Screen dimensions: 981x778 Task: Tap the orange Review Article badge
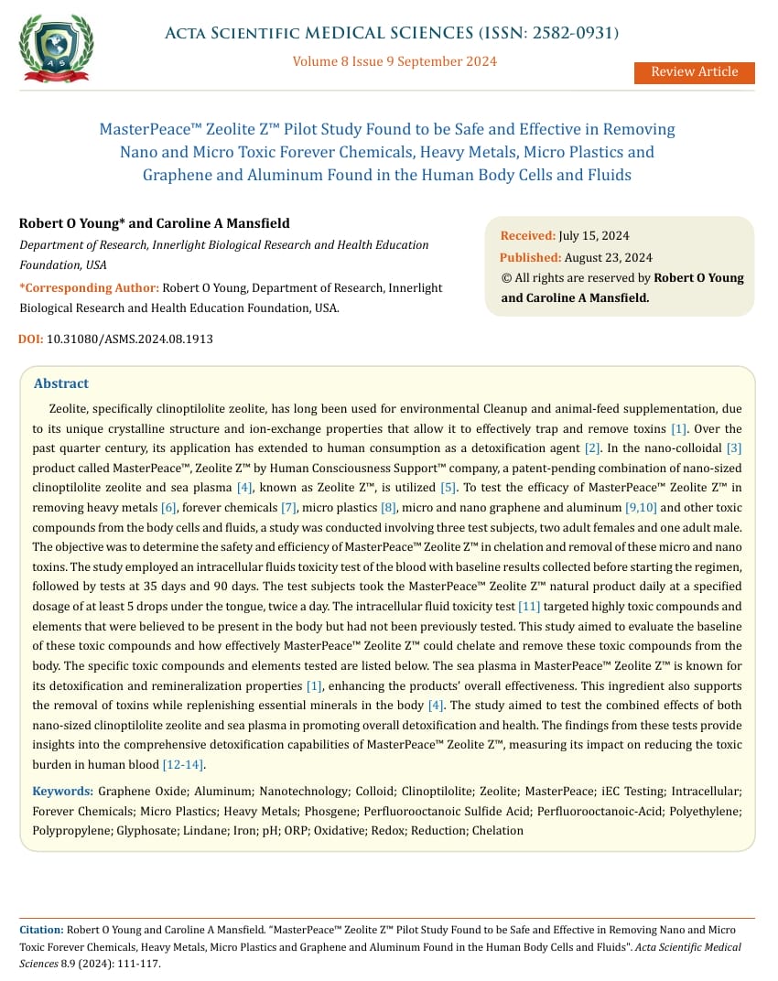pyautogui.click(x=694, y=72)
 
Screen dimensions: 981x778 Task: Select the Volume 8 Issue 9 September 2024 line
pyautogui.click(x=394, y=61)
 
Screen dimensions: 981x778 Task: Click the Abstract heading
pyautogui.click(x=61, y=383)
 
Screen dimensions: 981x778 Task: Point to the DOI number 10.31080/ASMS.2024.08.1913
pyautogui.click(x=130, y=339)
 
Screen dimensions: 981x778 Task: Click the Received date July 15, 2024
pyautogui.click(x=593, y=236)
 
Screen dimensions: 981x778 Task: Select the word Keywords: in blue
pyautogui.click(x=62, y=790)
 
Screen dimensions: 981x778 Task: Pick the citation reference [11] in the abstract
pyautogui.click(x=529, y=607)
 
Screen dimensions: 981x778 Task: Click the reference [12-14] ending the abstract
pyautogui.click(x=183, y=764)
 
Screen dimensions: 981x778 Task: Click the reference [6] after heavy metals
pyautogui.click(x=168, y=507)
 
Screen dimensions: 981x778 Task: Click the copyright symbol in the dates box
pyautogui.click(x=505, y=277)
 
